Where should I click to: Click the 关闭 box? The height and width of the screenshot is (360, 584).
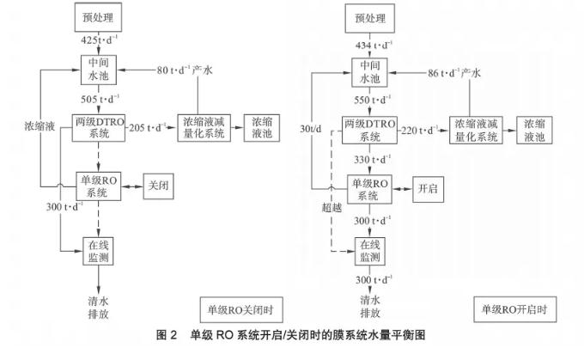(x=158, y=185)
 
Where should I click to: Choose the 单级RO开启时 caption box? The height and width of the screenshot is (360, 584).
(x=514, y=308)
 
